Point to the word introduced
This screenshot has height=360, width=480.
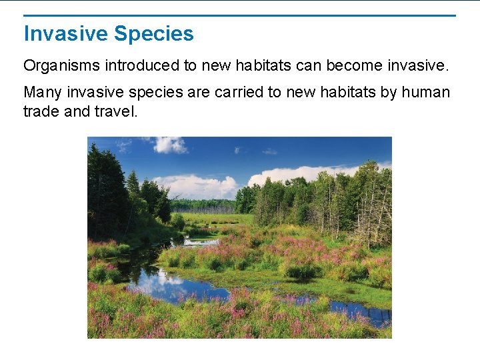click(133, 66)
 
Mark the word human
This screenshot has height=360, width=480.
click(425, 92)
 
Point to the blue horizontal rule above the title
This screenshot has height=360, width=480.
click(239, 15)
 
